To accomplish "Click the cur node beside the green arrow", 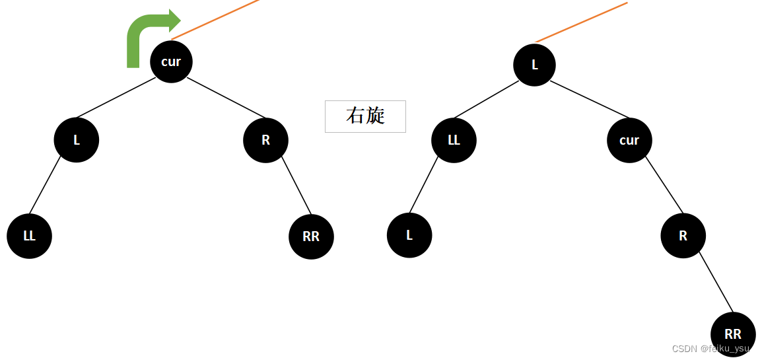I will [171, 61].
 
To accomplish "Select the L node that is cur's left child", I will [77, 140].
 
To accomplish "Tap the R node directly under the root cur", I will [265, 140].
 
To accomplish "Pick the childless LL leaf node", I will [30, 236].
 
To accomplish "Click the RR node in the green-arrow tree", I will [311, 236].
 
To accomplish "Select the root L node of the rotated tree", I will [535, 65].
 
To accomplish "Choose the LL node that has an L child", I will [454, 140].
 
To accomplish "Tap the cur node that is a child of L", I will [629, 140].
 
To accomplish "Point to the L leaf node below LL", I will [409, 235].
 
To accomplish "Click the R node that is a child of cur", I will [683, 236].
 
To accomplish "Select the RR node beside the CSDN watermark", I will [733, 334].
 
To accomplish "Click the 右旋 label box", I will [365, 116].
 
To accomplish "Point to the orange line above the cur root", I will [215, 19].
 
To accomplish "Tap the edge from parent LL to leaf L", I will [424, 185].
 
